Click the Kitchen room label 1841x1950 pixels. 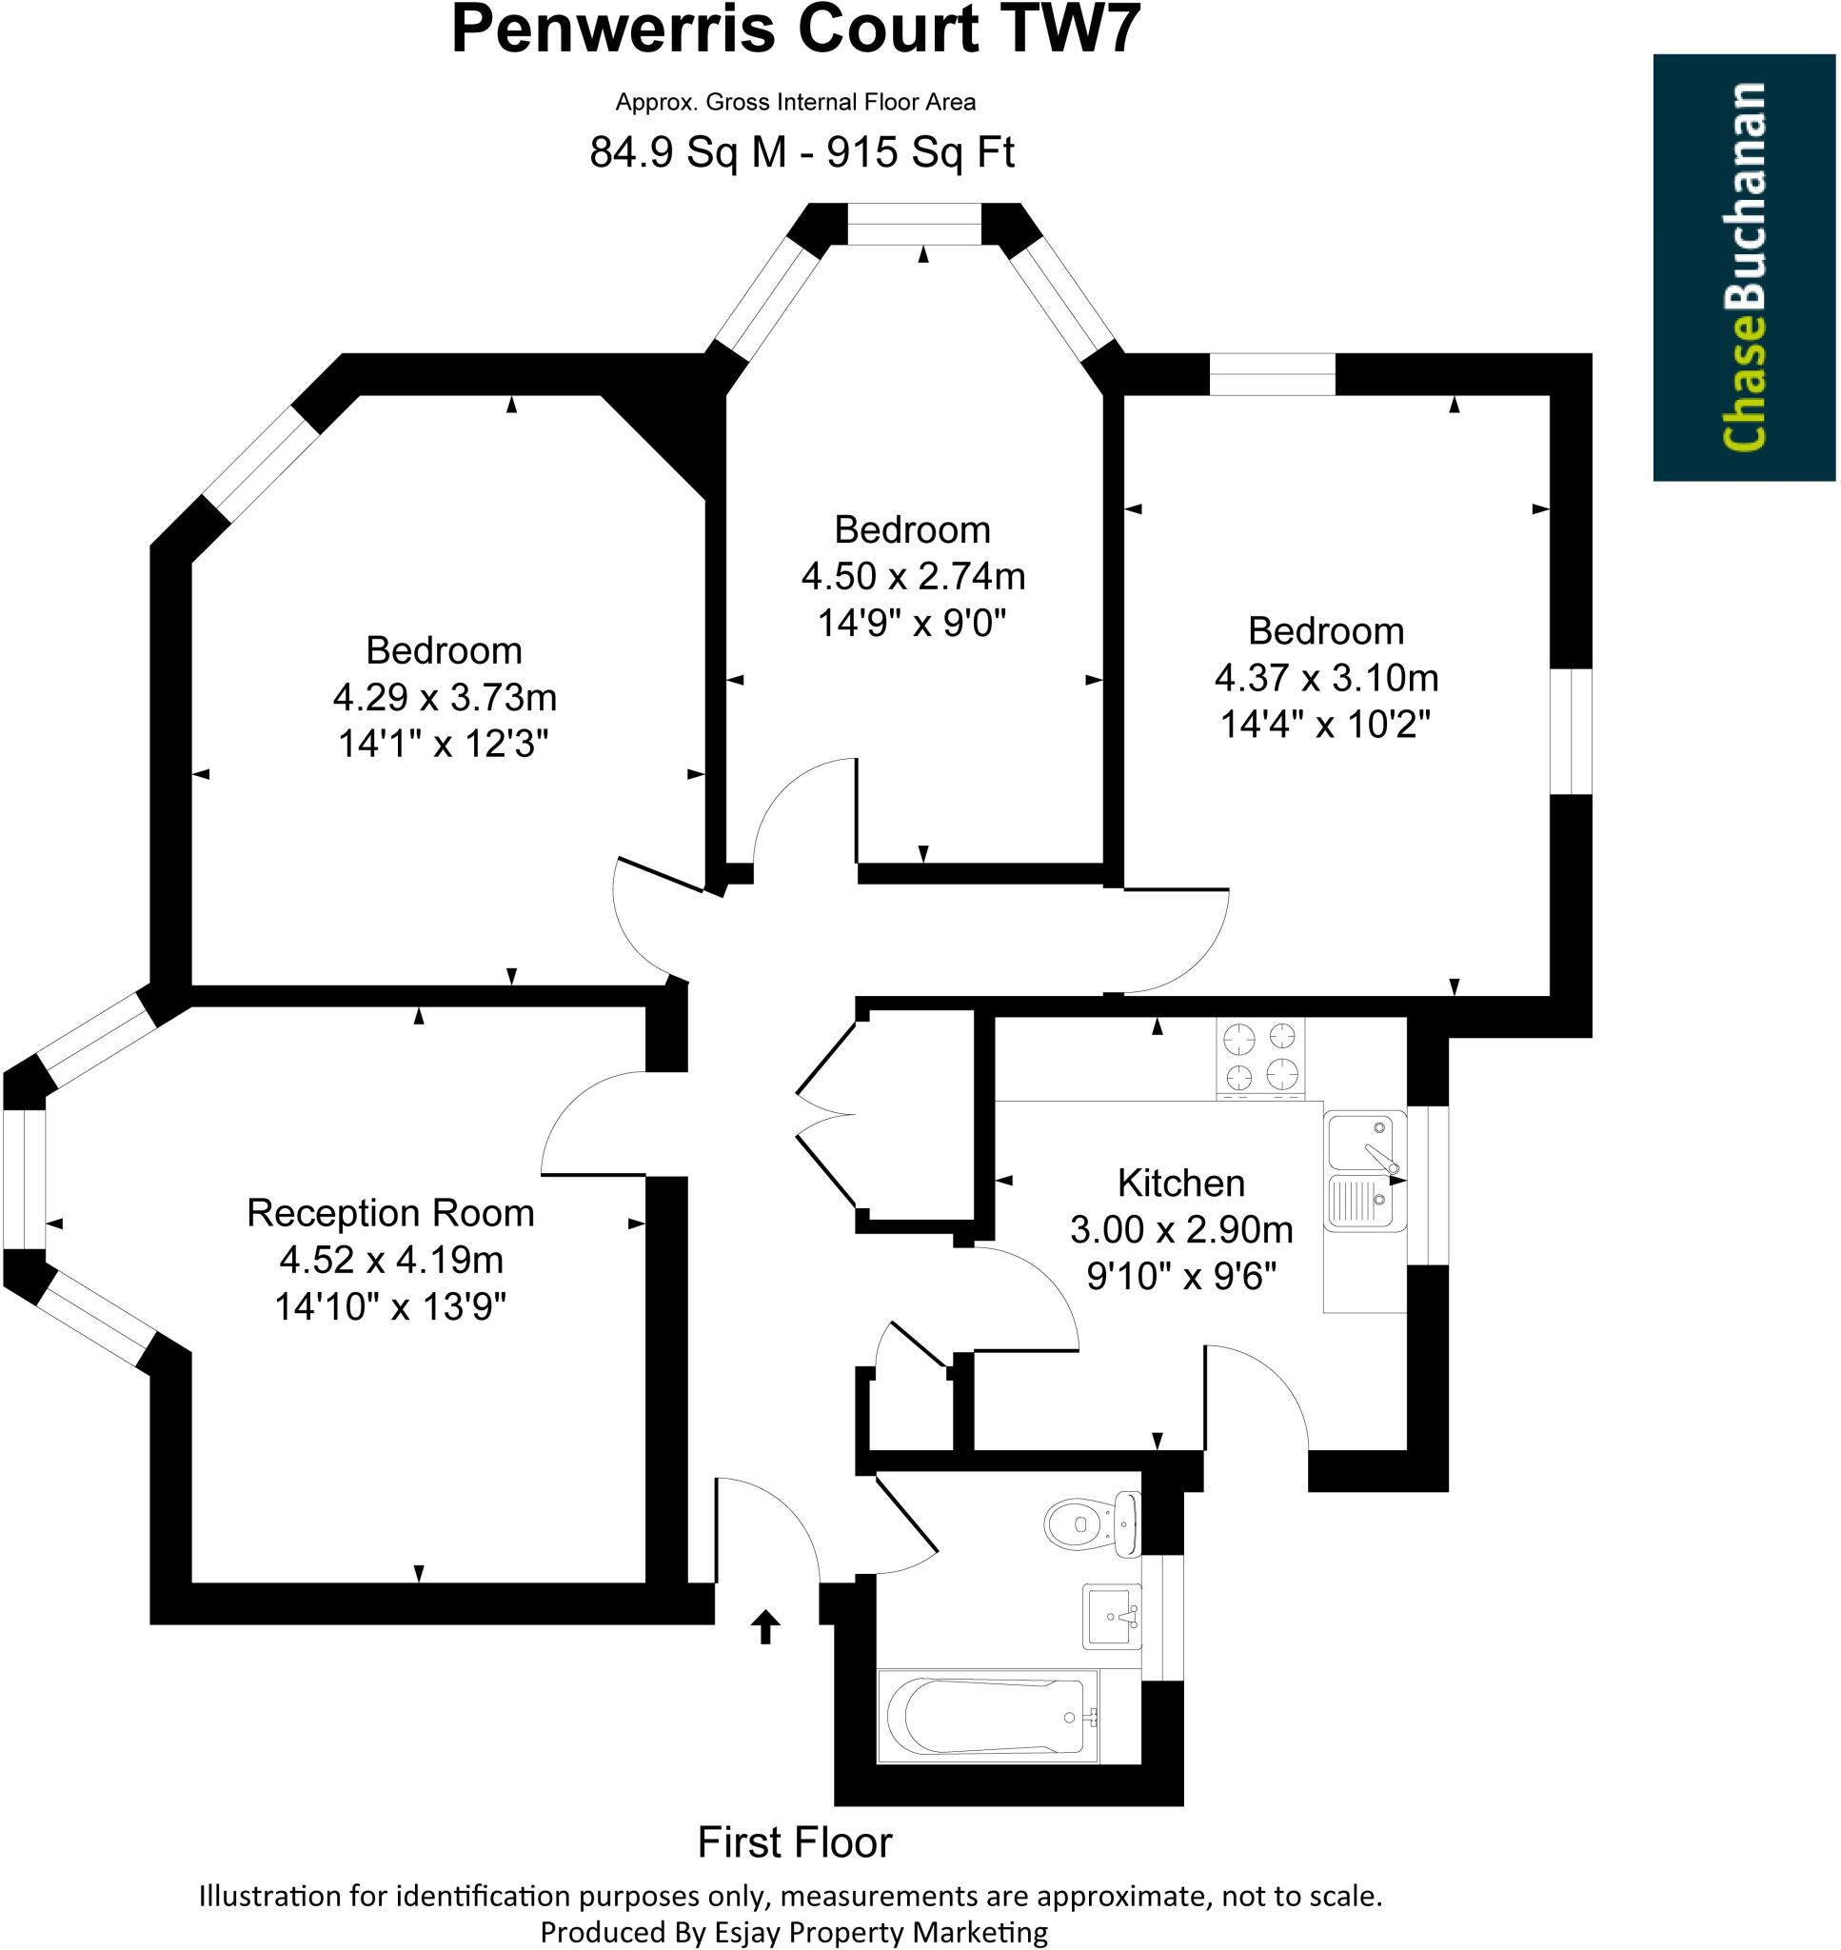point(1180,1184)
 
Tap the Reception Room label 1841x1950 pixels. point(389,1213)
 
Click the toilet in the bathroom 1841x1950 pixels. point(1089,1524)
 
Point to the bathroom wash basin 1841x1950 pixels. point(1112,1617)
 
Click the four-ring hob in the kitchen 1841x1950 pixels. point(1260,1057)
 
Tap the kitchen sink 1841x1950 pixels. point(1364,1170)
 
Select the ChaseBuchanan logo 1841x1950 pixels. point(1744,267)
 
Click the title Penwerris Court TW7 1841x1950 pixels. point(795,30)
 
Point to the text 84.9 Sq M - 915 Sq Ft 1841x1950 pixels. point(801,152)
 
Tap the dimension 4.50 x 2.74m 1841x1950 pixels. point(913,576)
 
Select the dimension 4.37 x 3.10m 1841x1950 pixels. point(1326,677)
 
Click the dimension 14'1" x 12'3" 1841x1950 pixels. point(443,744)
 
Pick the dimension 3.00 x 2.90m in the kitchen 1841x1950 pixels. point(1180,1229)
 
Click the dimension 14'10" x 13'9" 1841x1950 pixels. point(389,1306)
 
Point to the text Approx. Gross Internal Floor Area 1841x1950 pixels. point(795,102)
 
